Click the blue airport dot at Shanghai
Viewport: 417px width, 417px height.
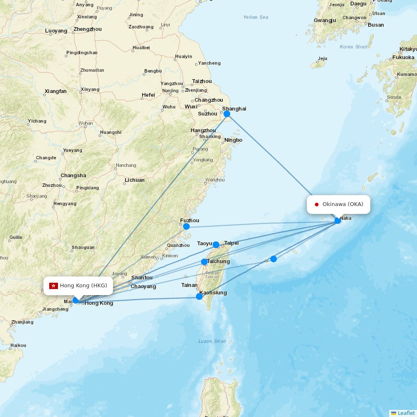227,114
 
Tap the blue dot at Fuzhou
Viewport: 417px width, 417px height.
186,226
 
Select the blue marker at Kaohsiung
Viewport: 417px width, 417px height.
199,296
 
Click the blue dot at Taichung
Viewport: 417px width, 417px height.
204,262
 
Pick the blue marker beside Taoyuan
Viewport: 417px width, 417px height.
216,245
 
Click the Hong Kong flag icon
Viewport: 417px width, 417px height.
53,286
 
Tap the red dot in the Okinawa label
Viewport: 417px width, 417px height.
317,204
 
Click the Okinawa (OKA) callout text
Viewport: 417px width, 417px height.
343,204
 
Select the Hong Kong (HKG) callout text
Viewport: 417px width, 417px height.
83,286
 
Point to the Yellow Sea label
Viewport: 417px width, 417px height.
256,17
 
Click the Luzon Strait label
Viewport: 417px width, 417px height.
212,341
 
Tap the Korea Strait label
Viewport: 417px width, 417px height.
354,47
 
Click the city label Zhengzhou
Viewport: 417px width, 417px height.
87,29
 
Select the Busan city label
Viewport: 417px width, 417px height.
376,25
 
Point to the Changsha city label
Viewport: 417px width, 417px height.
73,176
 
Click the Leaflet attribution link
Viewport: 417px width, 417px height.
406,413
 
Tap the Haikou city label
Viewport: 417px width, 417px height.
18,345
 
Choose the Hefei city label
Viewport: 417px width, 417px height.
148,95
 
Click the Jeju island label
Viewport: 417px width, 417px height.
322,58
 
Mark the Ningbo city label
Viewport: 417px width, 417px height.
233,140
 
